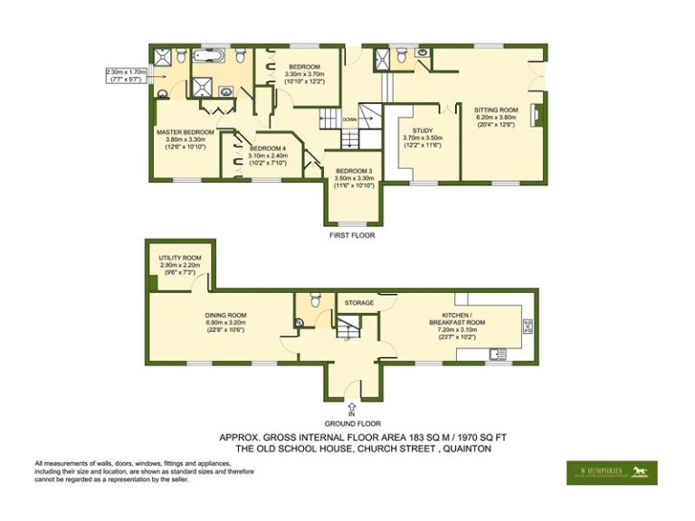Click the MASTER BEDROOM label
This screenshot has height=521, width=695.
click(x=185, y=132)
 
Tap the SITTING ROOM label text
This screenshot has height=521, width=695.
click(x=495, y=109)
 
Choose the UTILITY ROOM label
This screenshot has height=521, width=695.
click(x=180, y=257)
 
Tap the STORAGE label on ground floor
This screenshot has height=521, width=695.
click(x=358, y=302)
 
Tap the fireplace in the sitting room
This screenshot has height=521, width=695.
click(x=535, y=114)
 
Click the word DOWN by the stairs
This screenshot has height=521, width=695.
click(x=349, y=118)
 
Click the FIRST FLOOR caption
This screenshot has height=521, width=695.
click(x=352, y=235)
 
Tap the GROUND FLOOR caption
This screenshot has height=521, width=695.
click(x=352, y=423)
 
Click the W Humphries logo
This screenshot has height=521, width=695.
click(x=612, y=472)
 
